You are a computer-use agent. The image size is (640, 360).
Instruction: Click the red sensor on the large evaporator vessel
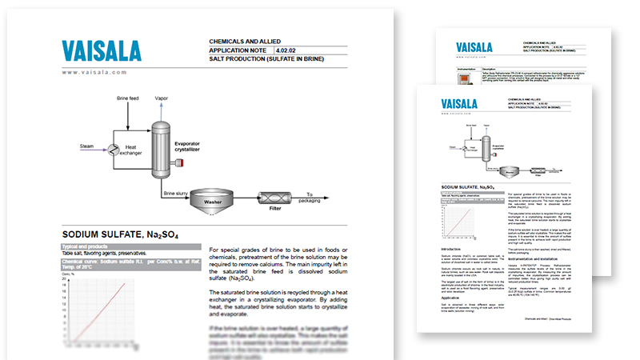point(183,163)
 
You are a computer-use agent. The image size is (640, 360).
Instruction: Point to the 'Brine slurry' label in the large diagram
point(175,194)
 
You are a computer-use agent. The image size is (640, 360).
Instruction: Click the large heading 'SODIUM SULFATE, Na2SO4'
point(120,234)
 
